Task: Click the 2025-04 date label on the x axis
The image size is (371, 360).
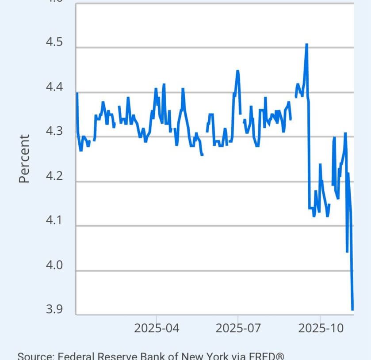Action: tap(156, 328)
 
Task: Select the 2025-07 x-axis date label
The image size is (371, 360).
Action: tap(238, 328)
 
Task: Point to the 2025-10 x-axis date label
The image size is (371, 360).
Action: tap(320, 328)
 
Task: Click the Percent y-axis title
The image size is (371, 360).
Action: tap(25, 159)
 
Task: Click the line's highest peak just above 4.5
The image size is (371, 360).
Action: tap(306, 44)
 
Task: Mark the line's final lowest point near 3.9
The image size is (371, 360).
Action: tap(352, 310)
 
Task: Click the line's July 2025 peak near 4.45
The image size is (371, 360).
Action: tap(237, 71)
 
